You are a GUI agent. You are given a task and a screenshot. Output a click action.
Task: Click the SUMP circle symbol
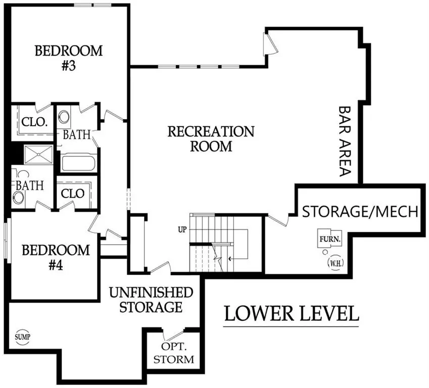[x=22, y=337]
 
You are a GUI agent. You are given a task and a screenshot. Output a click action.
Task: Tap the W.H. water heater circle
[x=336, y=263]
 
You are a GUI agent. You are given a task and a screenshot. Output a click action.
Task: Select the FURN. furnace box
[x=330, y=239]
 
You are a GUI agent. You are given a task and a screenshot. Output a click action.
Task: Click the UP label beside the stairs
[x=182, y=230]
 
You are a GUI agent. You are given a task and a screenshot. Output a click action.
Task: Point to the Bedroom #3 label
[x=69, y=58]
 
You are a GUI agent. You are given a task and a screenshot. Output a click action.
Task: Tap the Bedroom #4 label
[x=56, y=257]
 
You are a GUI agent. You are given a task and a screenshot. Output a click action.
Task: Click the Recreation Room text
[x=211, y=139]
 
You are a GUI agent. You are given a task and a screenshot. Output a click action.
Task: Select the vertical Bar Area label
[x=345, y=141]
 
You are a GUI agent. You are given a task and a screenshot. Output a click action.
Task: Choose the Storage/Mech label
[x=360, y=212]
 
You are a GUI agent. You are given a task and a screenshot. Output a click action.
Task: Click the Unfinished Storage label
[x=151, y=300]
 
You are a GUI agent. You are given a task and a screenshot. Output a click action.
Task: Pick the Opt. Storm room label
[x=174, y=353]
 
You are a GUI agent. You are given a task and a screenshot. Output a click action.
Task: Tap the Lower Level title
[x=292, y=314]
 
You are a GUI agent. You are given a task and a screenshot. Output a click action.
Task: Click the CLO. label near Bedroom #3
[x=34, y=122]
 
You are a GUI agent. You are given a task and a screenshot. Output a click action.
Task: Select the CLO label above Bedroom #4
[x=72, y=193]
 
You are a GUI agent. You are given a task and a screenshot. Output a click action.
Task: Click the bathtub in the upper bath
[x=78, y=163]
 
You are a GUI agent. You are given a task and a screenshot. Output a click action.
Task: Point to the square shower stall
[x=38, y=155]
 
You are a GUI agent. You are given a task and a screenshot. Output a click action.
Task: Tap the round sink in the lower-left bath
[x=18, y=198]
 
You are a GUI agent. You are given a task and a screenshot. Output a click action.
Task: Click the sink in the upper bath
[x=65, y=117]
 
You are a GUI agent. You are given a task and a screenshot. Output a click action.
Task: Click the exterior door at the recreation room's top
[x=270, y=43]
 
